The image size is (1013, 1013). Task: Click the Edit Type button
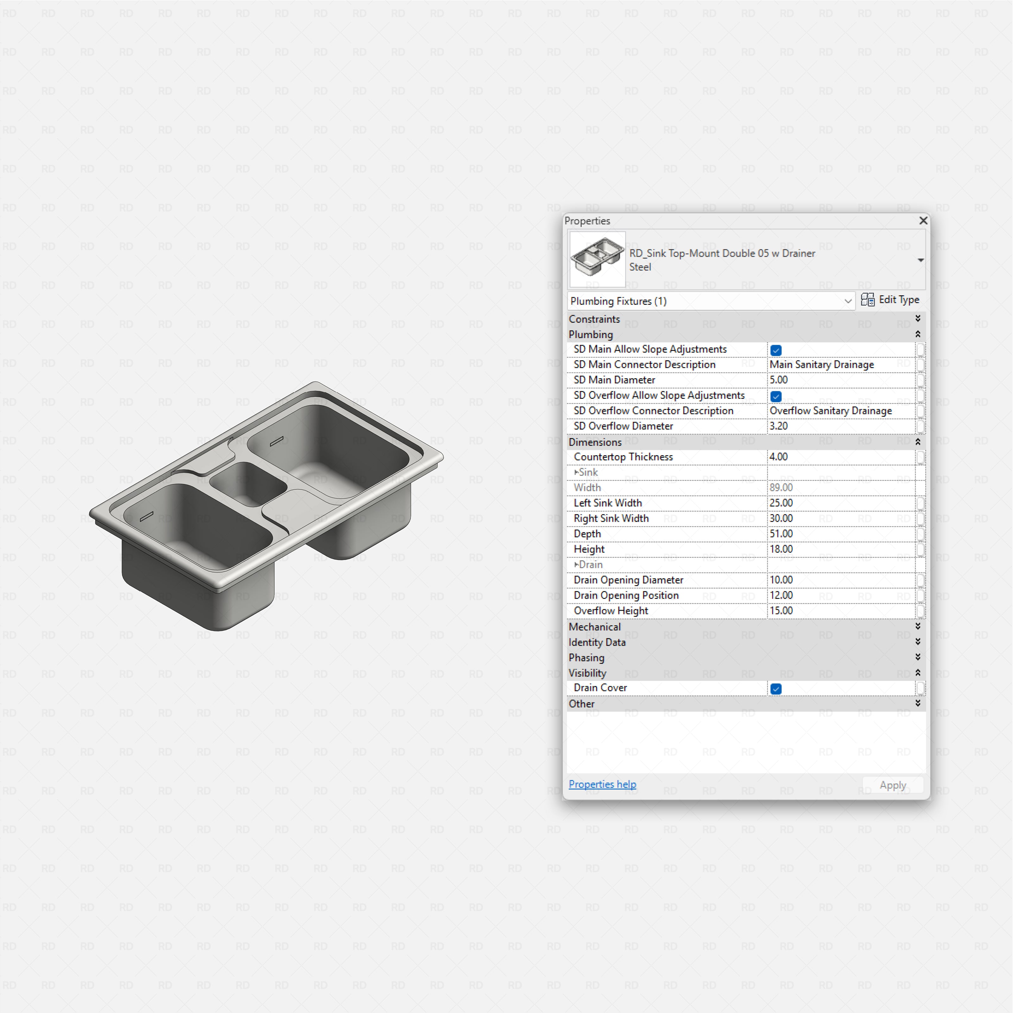pos(890,300)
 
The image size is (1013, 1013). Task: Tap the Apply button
pos(892,785)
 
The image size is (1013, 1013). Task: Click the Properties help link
pos(602,784)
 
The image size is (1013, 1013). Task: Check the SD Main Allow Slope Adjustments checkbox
pos(776,350)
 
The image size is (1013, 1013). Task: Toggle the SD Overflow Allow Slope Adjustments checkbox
pos(776,396)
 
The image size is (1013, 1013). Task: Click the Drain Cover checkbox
pos(776,689)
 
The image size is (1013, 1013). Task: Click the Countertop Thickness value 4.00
pos(779,457)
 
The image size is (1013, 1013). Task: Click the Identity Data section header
pos(597,642)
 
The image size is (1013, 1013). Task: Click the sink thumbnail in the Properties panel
pos(597,259)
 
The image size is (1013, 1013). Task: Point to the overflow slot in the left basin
pos(147,516)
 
